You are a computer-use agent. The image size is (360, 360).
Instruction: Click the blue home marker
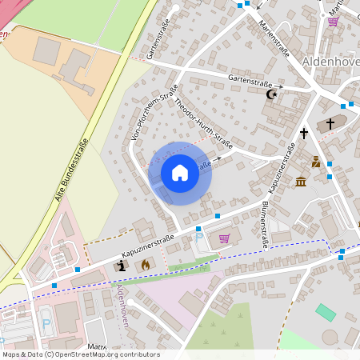pos(179,173)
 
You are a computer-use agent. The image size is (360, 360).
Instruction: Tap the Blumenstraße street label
pos(263,226)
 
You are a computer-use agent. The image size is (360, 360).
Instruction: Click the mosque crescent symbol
pos(272,94)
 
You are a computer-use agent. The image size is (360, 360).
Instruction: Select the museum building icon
pos(300,182)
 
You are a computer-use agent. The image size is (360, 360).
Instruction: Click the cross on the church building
pos(331,124)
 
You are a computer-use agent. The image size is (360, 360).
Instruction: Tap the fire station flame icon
pos(145,263)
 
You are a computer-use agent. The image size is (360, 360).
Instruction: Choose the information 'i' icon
pos(122,265)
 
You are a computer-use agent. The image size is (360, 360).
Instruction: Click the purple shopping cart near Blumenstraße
pos(224,238)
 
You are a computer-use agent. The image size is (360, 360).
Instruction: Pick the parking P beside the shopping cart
pos(199,238)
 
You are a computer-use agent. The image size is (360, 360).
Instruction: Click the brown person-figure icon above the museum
pos(317,162)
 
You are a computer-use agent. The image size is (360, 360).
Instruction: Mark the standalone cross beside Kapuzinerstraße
pos(304,133)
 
